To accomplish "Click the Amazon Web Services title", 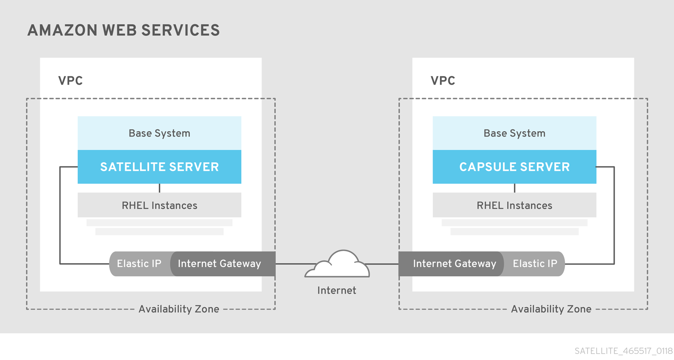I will (x=123, y=31).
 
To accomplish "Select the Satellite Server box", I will (x=159, y=167).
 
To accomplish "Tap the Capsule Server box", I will (x=514, y=167).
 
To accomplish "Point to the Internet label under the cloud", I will (x=337, y=290).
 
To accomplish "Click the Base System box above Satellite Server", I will (x=159, y=133).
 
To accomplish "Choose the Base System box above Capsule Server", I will (x=514, y=133).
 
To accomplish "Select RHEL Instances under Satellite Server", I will (x=159, y=205).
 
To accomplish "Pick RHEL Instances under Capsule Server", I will (x=514, y=205).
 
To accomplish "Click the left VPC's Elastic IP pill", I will (x=139, y=264).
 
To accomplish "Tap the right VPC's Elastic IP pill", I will (x=535, y=264).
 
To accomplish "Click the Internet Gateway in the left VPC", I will (x=219, y=264).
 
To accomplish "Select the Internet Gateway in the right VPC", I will (x=454, y=264).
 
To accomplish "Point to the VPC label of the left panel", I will (x=71, y=81).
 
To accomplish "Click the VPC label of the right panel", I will (x=443, y=81).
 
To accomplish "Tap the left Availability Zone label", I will (x=179, y=309).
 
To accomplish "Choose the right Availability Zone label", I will (x=551, y=309).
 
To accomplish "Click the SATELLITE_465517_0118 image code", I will (x=623, y=351).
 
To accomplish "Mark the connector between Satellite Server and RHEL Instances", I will (x=159, y=188).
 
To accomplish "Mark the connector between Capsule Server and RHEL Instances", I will (x=514, y=188).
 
